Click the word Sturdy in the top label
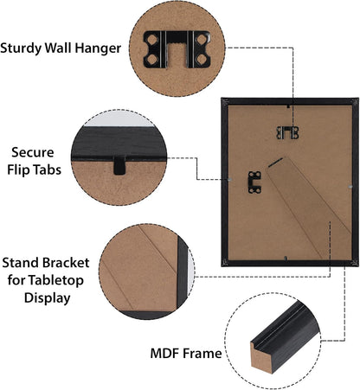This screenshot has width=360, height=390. pyautogui.click(x=21, y=48)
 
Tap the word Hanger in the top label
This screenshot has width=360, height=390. pyautogui.click(x=98, y=48)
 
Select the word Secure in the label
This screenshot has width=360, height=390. pyautogui.click(x=33, y=152)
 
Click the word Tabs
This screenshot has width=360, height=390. pyautogui.click(x=47, y=169)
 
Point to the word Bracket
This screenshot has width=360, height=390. pyautogui.click(x=66, y=263)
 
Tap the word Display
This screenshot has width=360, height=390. pyautogui.click(x=48, y=297)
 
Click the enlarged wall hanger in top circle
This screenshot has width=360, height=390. pyautogui.click(x=177, y=49)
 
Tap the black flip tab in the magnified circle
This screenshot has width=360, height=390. pyautogui.click(x=119, y=165)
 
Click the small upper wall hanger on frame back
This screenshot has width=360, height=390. pyautogui.click(x=287, y=132)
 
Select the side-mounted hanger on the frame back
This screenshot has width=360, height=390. pyautogui.click(x=254, y=182)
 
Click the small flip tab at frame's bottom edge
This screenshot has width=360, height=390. pyautogui.click(x=286, y=259)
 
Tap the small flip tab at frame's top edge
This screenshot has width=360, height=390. pyautogui.click(x=288, y=106)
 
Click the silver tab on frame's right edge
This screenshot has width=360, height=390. pyautogui.click(x=350, y=187)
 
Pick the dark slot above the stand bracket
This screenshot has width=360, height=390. pyautogui.click(x=275, y=163)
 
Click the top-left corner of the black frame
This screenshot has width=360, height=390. pyautogui.click(x=222, y=98)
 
